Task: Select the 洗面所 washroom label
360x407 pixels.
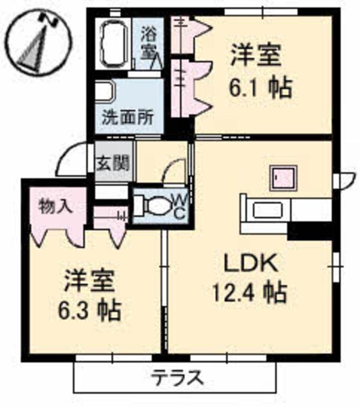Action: click(x=127, y=116)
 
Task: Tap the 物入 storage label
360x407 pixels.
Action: click(x=56, y=207)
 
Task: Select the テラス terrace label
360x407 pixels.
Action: click(x=176, y=378)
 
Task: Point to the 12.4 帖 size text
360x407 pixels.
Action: click(x=248, y=293)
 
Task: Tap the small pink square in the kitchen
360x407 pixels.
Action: click(x=282, y=177)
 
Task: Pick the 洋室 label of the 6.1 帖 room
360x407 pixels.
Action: click(x=256, y=58)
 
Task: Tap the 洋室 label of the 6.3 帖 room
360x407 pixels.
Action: click(x=91, y=280)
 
